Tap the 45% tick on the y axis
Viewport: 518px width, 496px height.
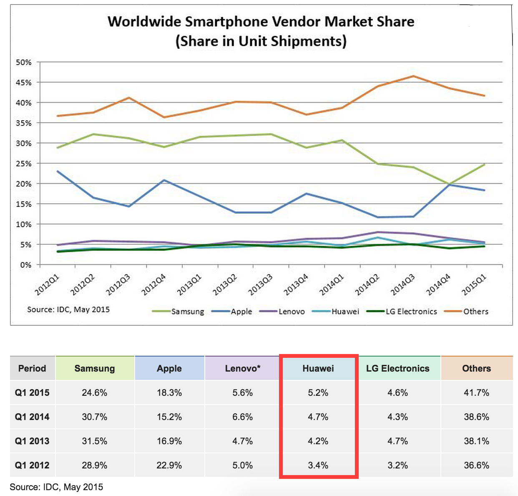pos(24,83)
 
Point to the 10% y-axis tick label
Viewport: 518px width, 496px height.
pos(24,224)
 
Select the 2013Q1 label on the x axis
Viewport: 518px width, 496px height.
pos(189,285)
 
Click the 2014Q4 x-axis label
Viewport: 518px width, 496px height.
pos(438,285)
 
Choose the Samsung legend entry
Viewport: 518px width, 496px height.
pos(187,311)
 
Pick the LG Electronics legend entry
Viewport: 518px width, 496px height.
pos(411,311)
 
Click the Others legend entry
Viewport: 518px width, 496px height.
pos(475,311)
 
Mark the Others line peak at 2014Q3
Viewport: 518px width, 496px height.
pos(413,76)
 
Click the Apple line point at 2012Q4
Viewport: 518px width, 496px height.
pos(164,180)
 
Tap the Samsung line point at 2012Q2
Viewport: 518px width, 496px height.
pos(93,134)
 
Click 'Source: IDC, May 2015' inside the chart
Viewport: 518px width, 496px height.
pos(68,309)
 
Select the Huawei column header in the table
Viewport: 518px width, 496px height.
pos(318,368)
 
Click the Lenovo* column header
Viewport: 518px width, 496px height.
pos(242,368)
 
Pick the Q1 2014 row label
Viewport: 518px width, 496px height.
pos(32,417)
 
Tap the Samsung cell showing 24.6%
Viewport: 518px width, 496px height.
pos(95,392)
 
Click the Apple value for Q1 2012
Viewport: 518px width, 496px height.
pos(169,465)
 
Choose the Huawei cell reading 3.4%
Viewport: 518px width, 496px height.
pos(318,465)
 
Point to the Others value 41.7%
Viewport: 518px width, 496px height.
pos(476,392)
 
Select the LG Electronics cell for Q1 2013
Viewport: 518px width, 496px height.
pos(397,441)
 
